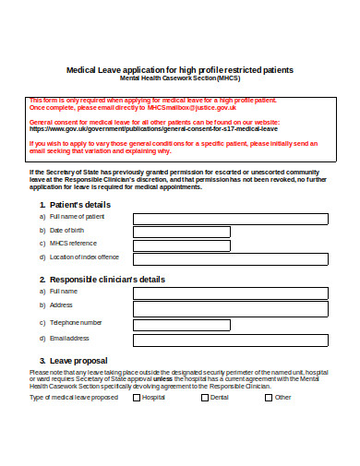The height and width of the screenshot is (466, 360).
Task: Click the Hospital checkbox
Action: [x=137, y=398]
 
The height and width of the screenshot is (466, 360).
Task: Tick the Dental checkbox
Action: [x=205, y=398]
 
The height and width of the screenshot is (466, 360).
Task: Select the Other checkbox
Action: [x=269, y=398]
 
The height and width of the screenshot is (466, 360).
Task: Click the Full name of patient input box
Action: [x=229, y=219]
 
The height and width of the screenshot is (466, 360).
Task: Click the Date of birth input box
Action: [x=229, y=232]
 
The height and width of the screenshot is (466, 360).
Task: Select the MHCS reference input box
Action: [x=229, y=245]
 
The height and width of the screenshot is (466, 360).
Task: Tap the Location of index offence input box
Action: [x=229, y=258]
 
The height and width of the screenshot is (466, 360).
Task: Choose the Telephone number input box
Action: [x=229, y=323]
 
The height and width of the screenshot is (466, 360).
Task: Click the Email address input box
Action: [x=229, y=339]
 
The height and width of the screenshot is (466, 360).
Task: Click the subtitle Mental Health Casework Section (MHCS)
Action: [x=179, y=78]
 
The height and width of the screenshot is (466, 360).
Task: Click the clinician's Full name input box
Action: [x=229, y=293]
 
